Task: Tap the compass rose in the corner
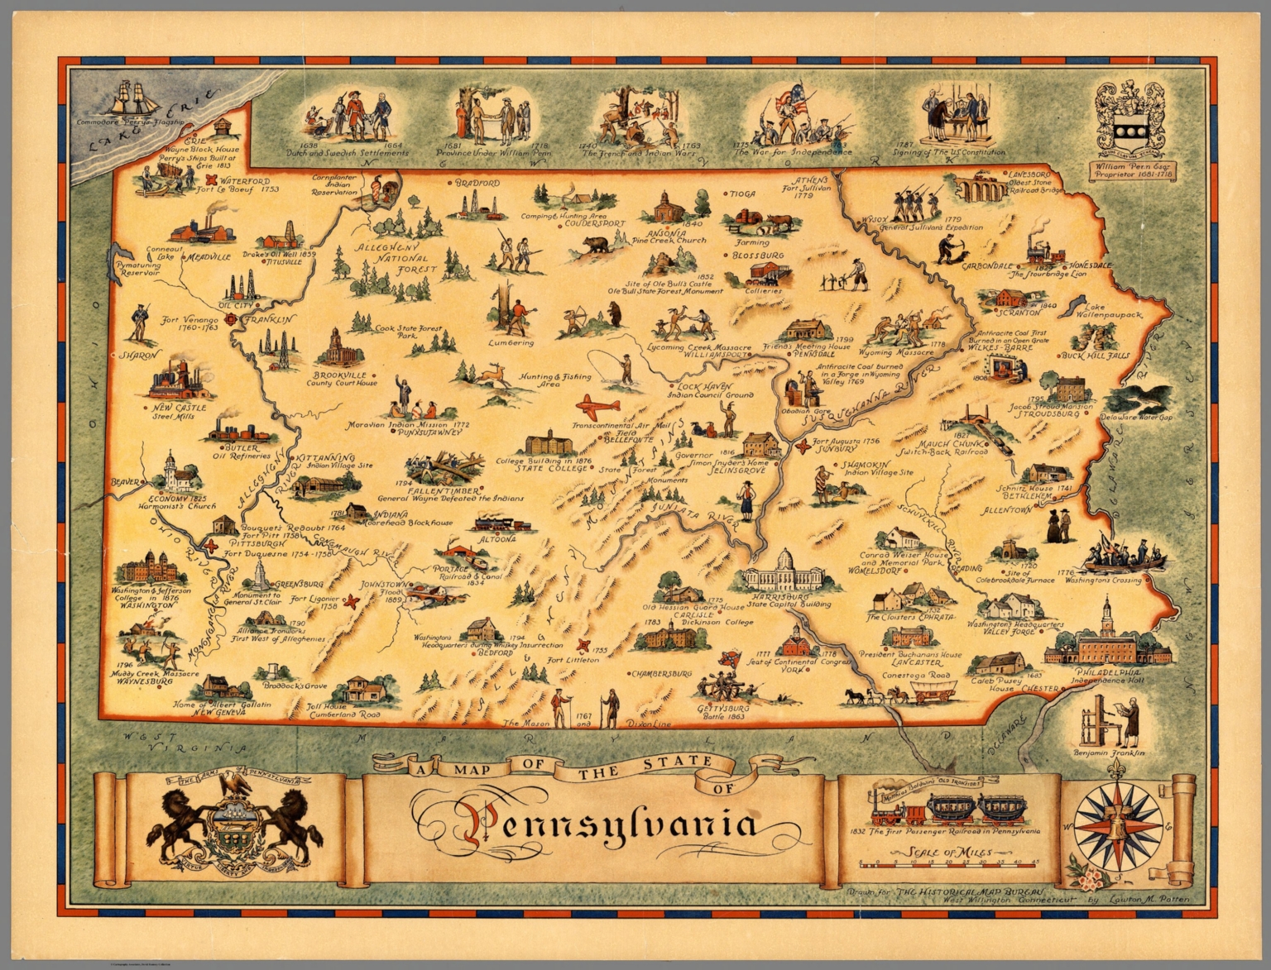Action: pos(1118,823)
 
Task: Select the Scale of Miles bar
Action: pos(948,865)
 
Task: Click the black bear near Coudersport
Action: pos(594,245)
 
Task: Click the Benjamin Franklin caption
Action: pos(1109,753)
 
